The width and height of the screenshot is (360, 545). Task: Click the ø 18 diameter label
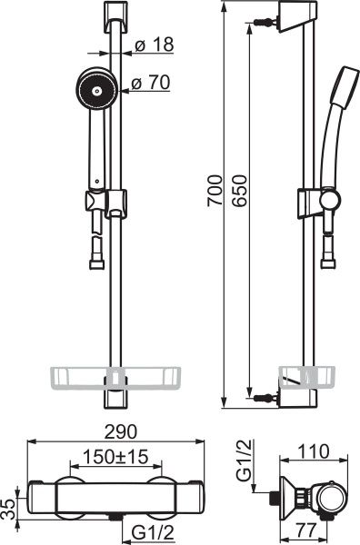pos(154,45)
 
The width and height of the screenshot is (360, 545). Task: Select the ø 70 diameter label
pos(151,83)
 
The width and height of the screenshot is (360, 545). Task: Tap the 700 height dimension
pos(215,191)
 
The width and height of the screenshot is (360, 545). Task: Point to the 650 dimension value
pos(239,191)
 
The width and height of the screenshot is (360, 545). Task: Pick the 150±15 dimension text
pos(116,456)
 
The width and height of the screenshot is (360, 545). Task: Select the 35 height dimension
pos(10,510)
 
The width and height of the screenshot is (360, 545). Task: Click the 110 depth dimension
pos(313,451)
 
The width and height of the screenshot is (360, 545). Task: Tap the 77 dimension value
pos(305,530)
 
